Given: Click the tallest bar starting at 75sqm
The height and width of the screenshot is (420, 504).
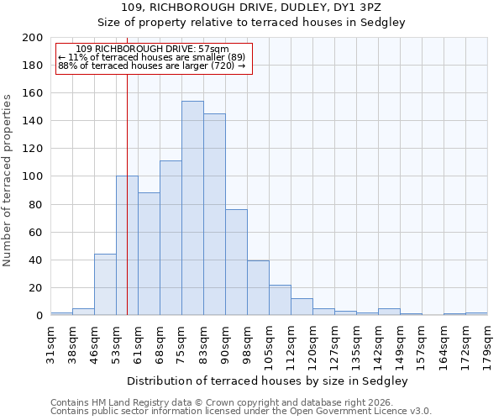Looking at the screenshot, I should pyautogui.click(x=192, y=208).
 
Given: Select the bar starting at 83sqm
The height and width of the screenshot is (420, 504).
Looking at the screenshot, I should pyautogui.click(x=214, y=214).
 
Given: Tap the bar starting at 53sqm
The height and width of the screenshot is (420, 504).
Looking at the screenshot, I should pyautogui.click(x=127, y=245).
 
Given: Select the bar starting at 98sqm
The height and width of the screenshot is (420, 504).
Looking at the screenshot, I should pyautogui.click(x=258, y=288).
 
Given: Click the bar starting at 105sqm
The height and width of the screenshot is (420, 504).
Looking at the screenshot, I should pyautogui.click(x=280, y=300).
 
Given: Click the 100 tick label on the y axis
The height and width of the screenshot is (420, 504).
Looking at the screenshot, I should pyautogui.click(x=33, y=176).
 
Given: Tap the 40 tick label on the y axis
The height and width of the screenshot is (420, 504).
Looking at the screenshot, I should pyautogui.click(x=36, y=260).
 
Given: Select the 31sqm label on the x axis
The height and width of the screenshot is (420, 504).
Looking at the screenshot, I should pyautogui.click(x=50, y=343).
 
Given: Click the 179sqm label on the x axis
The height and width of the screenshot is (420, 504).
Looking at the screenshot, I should pyautogui.click(x=487, y=343).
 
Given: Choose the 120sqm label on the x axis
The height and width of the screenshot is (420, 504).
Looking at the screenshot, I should pyautogui.click(x=312, y=343).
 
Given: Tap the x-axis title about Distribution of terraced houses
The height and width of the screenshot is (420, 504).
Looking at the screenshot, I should pyautogui.click(x=268, y=381).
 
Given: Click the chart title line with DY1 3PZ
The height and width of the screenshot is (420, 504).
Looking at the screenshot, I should pyautogui.click(x=268, y=8).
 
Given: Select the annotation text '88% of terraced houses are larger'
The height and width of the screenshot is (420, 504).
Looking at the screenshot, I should pyautogui.click(x=152, y=66).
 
